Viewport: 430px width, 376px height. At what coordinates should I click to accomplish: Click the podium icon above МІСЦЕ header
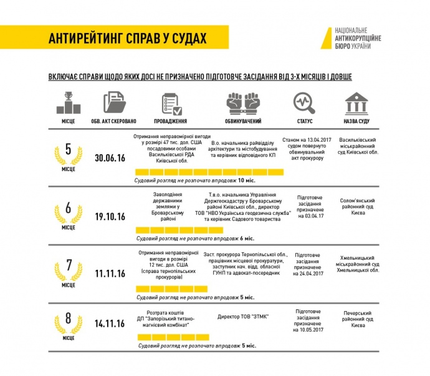[x=69, y=102]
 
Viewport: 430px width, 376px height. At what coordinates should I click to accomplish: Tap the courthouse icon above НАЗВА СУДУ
[x=356, y=102]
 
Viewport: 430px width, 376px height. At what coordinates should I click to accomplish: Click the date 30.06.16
[x=110, y=158]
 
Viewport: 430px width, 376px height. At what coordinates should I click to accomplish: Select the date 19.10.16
[x=110, y=216]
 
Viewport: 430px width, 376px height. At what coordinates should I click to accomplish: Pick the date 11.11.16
[x=110, y=274]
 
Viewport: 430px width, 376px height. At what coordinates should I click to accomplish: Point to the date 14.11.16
[x=110, y=325]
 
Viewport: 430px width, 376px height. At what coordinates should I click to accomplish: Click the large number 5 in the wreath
[x=69, y=150]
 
